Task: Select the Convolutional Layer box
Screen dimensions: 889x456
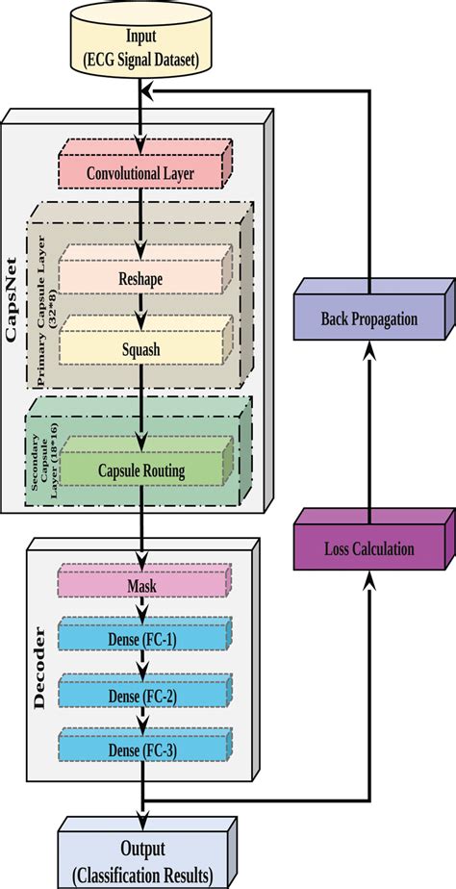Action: pyautogui.click(x=140, y=174)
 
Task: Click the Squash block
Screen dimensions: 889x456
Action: pyautogui.click(x=141, y=350)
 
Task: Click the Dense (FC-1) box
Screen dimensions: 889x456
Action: pyautogui.click(x=141, y=638)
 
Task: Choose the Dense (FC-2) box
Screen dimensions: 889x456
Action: pyautogui.click(x=141, y=694)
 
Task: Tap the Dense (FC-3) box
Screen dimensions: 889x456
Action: pyautogui.click(x=141, y=748)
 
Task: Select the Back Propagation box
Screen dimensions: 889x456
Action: pyautogui.click(x=370, y=318)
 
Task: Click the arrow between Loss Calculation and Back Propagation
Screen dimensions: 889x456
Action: pyautogui.click(x=370, y=433)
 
